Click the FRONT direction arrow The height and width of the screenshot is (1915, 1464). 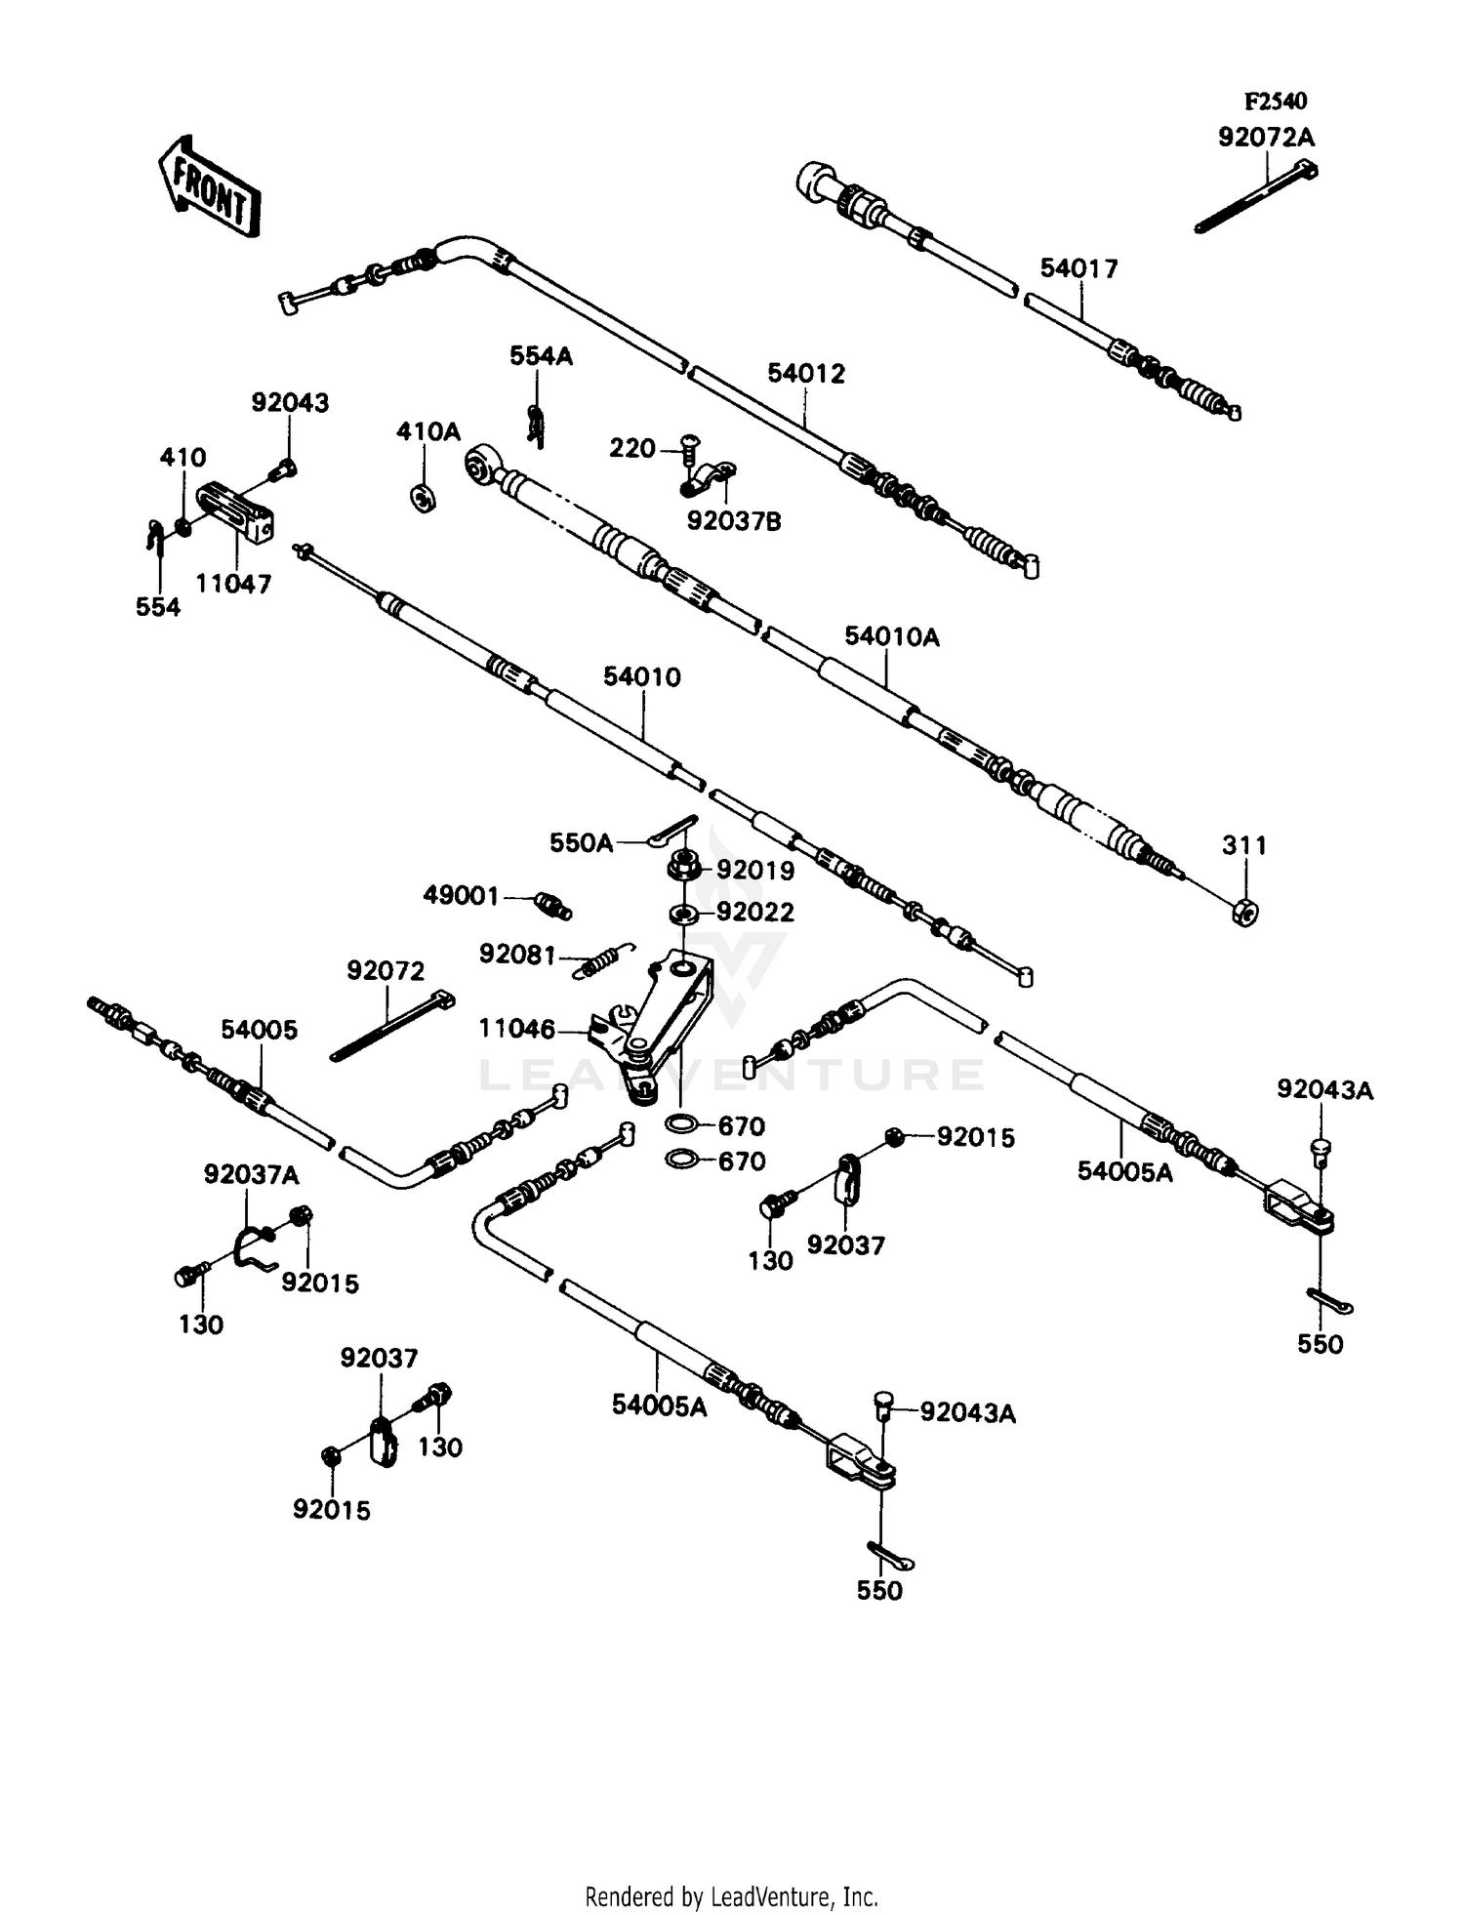point(207,185)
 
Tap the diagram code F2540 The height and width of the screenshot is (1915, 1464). point(1275,102)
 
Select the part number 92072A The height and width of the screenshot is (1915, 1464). point(1266,138)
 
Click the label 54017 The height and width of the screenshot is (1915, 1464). point(1078,268)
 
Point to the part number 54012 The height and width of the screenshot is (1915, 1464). point(806,374)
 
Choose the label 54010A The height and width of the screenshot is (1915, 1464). point(891,637)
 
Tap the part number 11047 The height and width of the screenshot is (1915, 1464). point(233,584)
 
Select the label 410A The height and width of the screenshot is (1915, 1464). point(427,431)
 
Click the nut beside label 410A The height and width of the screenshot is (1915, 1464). point(423,497)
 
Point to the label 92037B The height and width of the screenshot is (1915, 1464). point(734,521)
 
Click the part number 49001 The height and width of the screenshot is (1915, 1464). point(461,895)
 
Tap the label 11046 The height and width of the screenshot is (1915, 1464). point(516,1029)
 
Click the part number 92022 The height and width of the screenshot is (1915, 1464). point(755,913)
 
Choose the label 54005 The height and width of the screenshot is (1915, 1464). point(259,1030)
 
